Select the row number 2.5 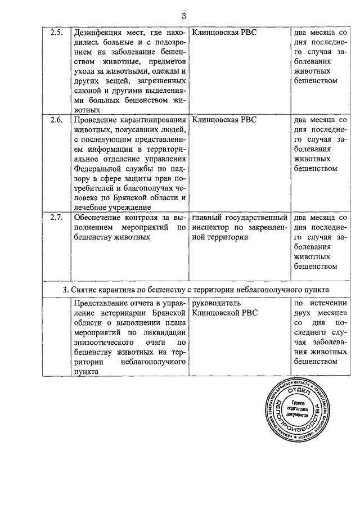[56, 32]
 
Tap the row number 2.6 [56, 120]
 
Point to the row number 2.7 [56, 218]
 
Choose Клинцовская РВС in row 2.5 [224, 32]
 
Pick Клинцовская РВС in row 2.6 [224, 120]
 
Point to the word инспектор [211, 227]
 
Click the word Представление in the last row [103, 303]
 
